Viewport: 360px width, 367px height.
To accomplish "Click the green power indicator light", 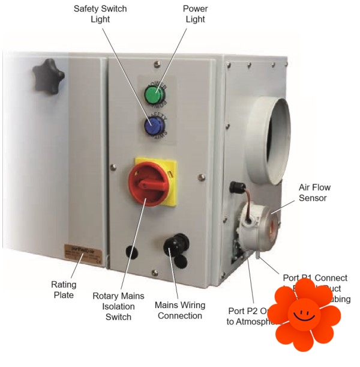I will [154, 95].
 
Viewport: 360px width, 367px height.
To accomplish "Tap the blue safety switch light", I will [154, 126].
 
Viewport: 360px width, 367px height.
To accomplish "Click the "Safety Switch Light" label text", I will [100, 14].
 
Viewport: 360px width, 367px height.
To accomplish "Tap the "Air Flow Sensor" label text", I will [314, 192].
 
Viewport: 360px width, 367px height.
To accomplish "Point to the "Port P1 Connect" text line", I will [314, 278].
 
